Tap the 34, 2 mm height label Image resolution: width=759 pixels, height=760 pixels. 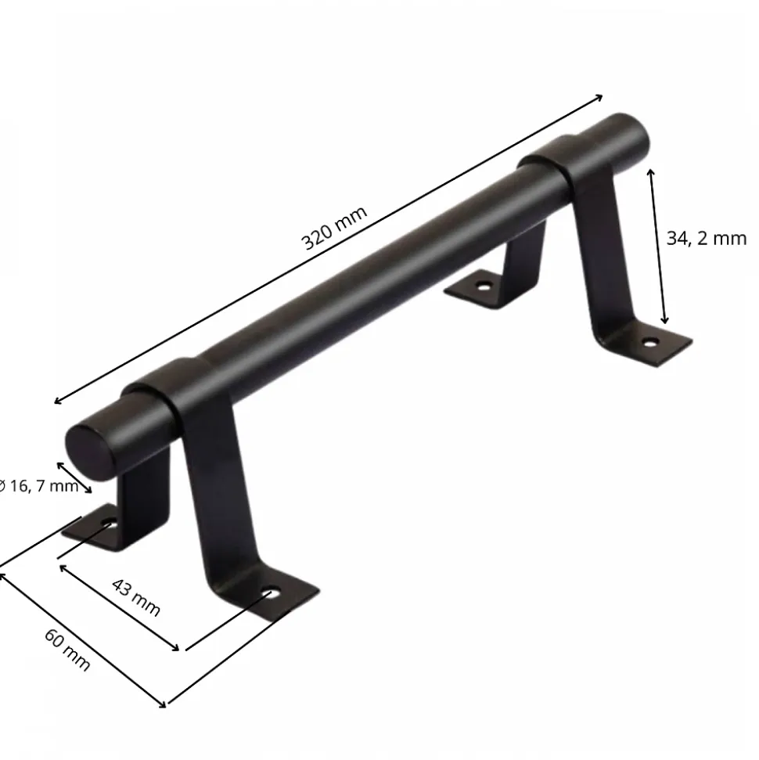point(706,238)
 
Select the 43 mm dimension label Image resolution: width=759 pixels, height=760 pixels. point(136,596)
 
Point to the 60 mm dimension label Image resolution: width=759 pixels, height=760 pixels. point(67,650)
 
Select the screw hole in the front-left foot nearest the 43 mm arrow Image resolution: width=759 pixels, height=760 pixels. point(271,593)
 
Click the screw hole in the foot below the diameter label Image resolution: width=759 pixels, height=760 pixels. point(109,524)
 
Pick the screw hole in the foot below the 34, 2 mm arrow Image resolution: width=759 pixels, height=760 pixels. point(649,343)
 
